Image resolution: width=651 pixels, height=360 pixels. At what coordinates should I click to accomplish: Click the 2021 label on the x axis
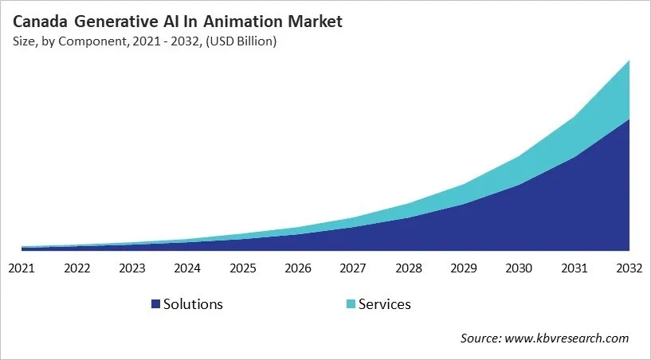pos(22,268)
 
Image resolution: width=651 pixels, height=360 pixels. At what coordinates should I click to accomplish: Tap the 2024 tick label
pos(187,268)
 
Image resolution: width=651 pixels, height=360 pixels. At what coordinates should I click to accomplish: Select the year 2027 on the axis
pos(353,268)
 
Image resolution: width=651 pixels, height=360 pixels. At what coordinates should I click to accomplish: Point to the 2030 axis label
pos(519,268)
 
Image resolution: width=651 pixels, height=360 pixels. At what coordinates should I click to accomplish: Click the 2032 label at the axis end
pos(629,268)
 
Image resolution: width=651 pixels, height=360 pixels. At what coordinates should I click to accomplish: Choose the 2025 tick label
pos(242,268)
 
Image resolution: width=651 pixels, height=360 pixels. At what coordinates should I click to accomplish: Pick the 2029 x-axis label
pos(463,268)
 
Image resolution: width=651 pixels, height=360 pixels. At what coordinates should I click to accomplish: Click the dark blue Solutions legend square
pos(155,304)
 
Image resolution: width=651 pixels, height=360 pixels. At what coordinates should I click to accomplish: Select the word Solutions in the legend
pos(193,304)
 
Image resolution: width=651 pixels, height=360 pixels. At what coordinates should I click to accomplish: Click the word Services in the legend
pos(385,304)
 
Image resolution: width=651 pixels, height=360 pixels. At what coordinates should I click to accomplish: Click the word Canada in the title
pos(37,22)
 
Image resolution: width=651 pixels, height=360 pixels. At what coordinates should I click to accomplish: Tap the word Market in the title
pos(316,22)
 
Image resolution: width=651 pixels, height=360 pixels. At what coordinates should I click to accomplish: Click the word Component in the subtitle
pos(84,42)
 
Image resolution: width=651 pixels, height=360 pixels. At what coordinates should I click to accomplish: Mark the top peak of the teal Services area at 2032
pos(629,61)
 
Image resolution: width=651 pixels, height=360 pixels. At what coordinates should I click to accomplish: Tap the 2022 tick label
pos(76,268)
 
